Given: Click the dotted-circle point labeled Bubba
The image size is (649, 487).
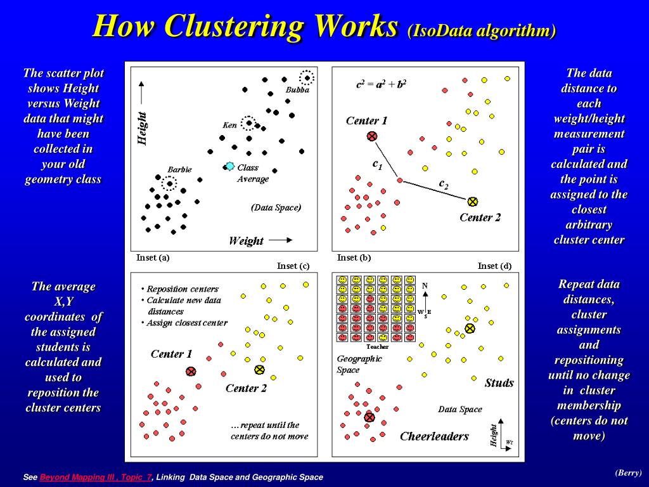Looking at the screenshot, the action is [x=307, y=77].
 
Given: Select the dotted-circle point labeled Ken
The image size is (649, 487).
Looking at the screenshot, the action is [x=248, y=123].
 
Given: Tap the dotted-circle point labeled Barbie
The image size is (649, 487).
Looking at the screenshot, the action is [x=169, y=183].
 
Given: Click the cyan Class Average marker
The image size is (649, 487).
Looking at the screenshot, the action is [x=229, y=167].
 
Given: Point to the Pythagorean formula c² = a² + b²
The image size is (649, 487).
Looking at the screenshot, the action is [x=381, y=84].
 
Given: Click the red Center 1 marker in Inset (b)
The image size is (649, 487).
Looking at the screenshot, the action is [x=372, y=136].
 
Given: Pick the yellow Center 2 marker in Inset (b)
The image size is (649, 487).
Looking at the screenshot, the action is [x=472, y=202].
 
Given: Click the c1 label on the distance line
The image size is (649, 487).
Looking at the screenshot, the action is [x=377, y=164].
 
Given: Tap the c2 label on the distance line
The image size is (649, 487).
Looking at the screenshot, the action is [x=443, y=184].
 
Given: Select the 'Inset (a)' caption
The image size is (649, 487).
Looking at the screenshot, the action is [x=153, y=257].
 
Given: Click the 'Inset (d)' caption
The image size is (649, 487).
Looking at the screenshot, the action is [x=494, y=266].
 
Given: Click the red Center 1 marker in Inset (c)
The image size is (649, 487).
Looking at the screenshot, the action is [x=191, y=372].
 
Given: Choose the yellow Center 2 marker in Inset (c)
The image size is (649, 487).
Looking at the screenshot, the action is [x=259, y=370].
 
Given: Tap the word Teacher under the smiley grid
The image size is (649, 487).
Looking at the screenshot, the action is [x=378, y=347].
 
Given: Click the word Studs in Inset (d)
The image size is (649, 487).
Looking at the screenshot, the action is [x=499, y=382].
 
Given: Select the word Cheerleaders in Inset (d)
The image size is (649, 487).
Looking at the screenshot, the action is [x=434, y=436].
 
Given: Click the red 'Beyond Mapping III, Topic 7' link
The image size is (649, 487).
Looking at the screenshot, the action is [x=96, y=477].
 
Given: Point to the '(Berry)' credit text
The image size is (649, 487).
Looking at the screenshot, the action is [x=628, y=472].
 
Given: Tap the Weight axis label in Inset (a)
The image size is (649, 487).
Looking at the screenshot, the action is [x=246, y=240].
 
